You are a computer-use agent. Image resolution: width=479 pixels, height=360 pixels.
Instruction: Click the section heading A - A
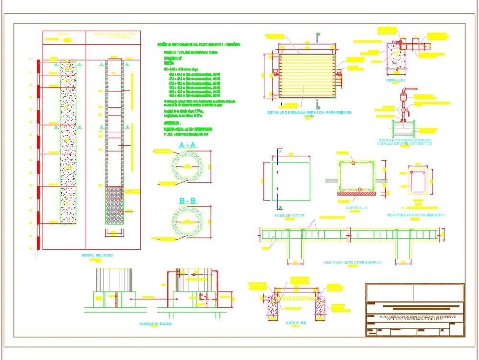click(187, 145)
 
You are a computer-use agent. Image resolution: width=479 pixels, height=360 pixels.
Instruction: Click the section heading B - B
click(187, 201)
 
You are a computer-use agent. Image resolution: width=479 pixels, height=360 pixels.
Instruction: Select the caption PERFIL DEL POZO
click(96, 255)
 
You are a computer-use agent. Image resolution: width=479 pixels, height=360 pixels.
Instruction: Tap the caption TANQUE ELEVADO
click(155, 324)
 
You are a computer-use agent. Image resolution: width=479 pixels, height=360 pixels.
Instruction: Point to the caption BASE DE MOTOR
click(289, 215)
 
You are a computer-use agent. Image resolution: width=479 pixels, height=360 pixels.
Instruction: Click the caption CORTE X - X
click(356, 208)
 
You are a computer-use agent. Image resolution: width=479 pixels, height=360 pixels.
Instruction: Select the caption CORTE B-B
click(297, 323)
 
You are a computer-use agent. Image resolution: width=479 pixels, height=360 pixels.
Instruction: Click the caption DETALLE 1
click(396, 80)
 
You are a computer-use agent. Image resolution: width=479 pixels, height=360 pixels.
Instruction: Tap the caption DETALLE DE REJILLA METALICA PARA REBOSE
click(309, 112)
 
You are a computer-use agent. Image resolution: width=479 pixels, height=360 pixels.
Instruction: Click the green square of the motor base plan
click(291, 181)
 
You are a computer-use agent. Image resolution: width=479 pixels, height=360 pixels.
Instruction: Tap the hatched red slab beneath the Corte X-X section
click(356, 194)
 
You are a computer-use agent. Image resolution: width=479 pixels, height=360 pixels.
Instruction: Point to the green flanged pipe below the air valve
click(403, 129)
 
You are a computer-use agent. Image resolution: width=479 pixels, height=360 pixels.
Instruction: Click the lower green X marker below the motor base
click(279, 208)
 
